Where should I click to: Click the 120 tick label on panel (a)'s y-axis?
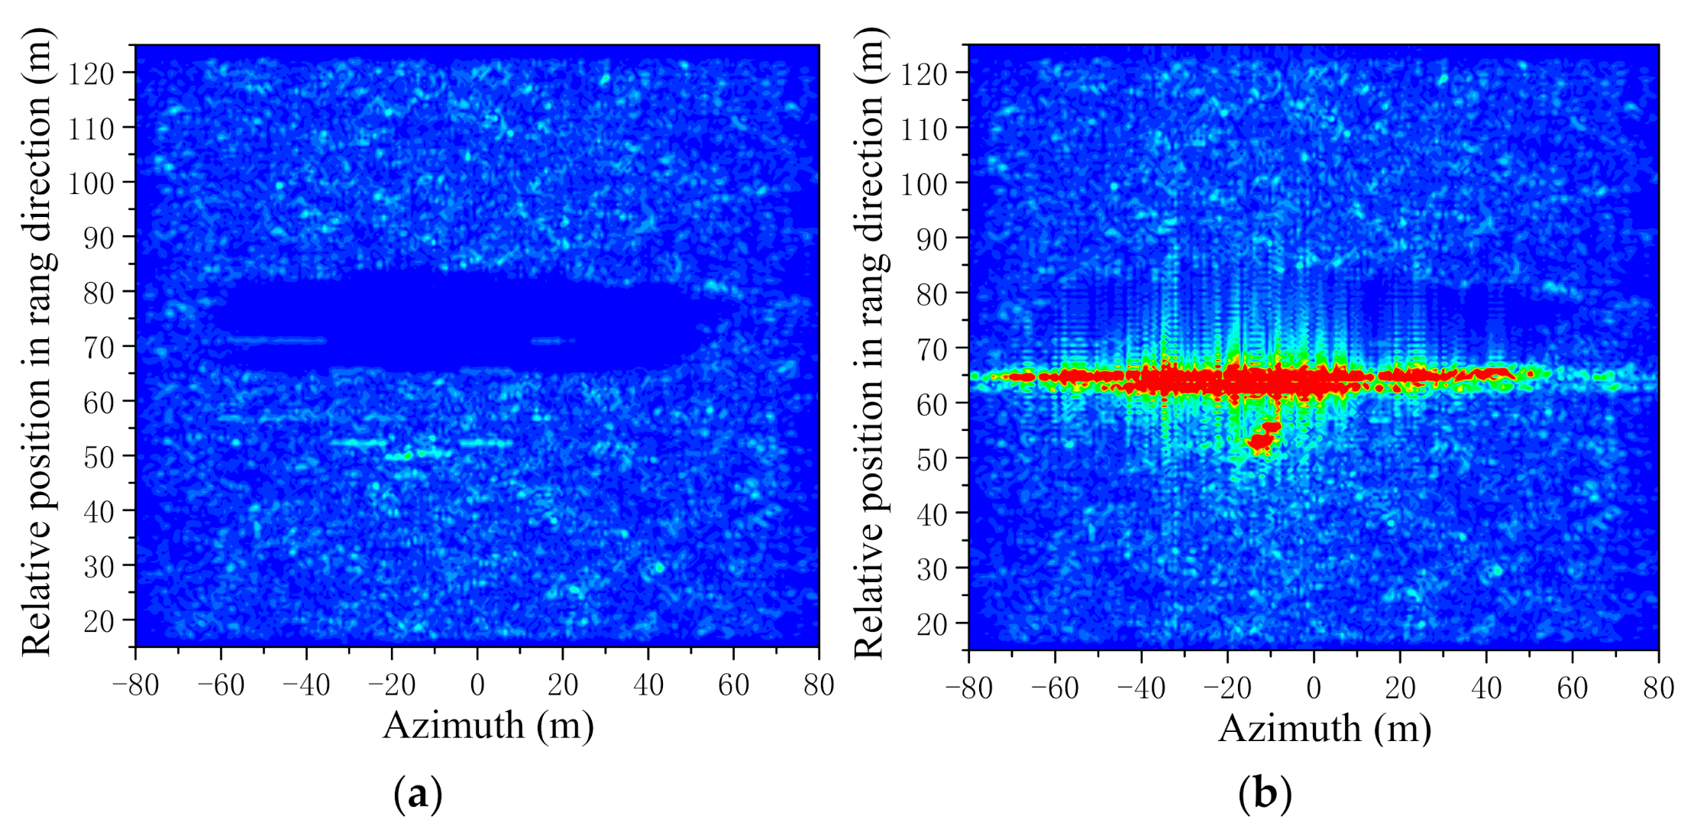coord(91,74)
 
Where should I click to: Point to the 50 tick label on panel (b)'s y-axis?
coord(932,459)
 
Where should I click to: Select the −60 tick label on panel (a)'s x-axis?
coord(221,685)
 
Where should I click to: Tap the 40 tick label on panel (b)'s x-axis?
coord(1485,688)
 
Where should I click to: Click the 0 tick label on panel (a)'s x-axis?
coord(477,685)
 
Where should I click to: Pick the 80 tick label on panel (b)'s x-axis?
coord(1658,688)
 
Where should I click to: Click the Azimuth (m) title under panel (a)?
coord(488,726)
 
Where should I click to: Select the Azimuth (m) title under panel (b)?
coord(1324,728)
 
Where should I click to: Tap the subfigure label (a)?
coord(417,794)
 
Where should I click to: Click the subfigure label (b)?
coord(1264,794)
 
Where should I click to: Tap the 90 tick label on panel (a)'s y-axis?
coord(99,238)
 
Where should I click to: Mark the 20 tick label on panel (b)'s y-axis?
coord(932,623)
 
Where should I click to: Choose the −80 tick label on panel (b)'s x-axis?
coord(968,688)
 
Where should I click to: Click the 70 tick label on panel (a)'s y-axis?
coord(99,348)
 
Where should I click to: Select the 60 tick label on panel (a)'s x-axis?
coord(733,685)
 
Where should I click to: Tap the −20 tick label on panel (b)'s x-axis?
coord(1227,688)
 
